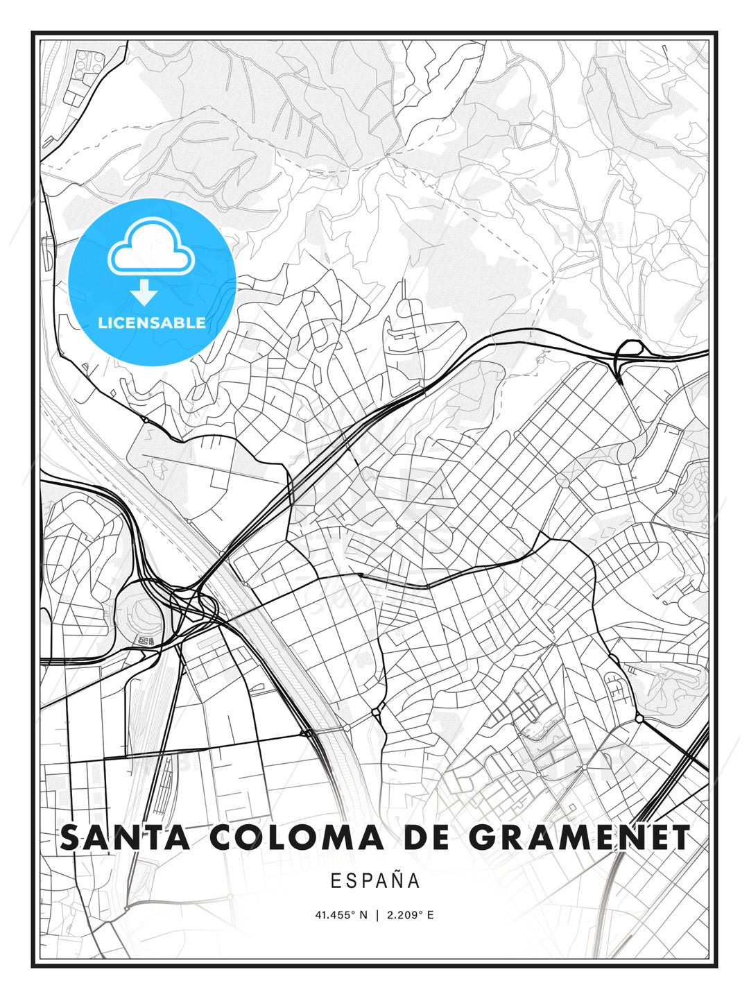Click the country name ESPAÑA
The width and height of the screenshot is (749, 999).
tap(375, 880)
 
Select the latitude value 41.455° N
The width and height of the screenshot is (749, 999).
tap(341, 915)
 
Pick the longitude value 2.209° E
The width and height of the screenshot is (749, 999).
tap(411, 915)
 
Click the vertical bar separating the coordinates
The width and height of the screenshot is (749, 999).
tap(377, 915)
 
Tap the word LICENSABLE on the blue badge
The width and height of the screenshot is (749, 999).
tap(152, 323)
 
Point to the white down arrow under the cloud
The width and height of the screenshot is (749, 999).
tap(145, 292)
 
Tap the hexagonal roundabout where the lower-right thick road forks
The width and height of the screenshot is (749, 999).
tap(639, 719)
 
